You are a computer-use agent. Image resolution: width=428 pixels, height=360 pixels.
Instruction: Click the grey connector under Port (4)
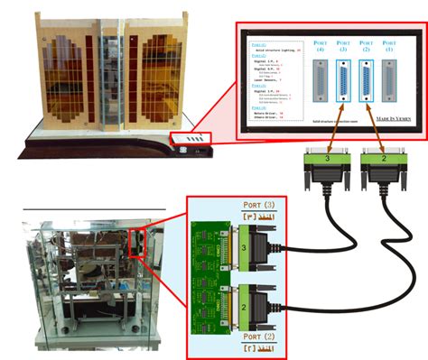coord(321,79)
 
